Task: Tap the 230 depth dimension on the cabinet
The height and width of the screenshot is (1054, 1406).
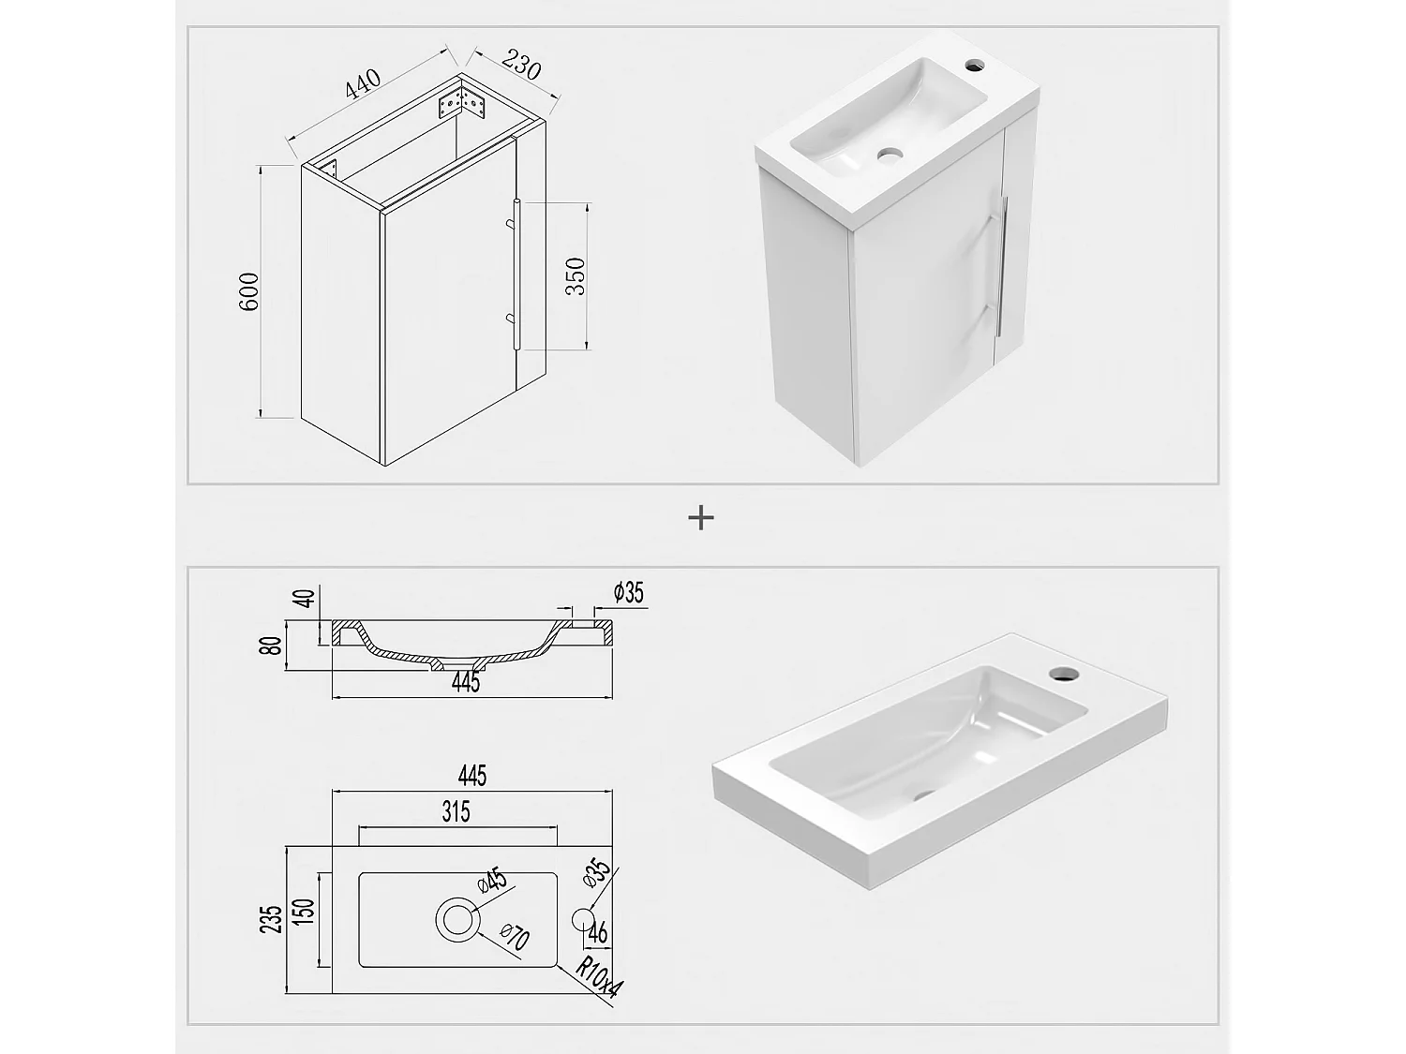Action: pyautogui.click(x=521, y=65)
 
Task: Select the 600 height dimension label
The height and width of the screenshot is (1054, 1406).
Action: pyautogui.click(x=249, y=291)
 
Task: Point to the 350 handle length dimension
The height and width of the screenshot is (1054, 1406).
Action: pyautogui.click(x=576, y=276)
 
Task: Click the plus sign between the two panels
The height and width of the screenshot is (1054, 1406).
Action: pyautogui.click(x=701, y=518)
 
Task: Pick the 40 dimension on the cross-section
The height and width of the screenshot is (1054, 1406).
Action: pyautogui.click(x=307, y=599)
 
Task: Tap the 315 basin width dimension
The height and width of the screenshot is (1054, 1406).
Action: pyautogui.click(x=456, y=811)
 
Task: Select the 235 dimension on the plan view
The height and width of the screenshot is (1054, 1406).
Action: pyautogui.click(x=272, y=919)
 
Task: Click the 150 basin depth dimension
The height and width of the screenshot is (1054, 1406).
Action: pyautogui.click(x=306, y=911)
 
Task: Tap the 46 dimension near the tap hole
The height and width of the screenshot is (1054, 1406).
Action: pyautogui.click(x=598, y=932)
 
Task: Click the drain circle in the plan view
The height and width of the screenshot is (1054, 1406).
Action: pyautogui.click(x=458, y=919)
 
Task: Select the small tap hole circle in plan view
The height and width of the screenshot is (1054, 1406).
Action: pyautogui.click(x=582, y=919)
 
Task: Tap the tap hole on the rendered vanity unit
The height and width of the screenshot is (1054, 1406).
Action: pyautogui.click(x=975, y=64)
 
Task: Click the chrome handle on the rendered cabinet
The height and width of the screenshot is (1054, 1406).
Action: pyautogui.click(x=1002, y=265)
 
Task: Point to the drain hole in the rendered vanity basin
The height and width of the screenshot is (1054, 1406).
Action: pyautogui.click(x=890, y=155)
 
